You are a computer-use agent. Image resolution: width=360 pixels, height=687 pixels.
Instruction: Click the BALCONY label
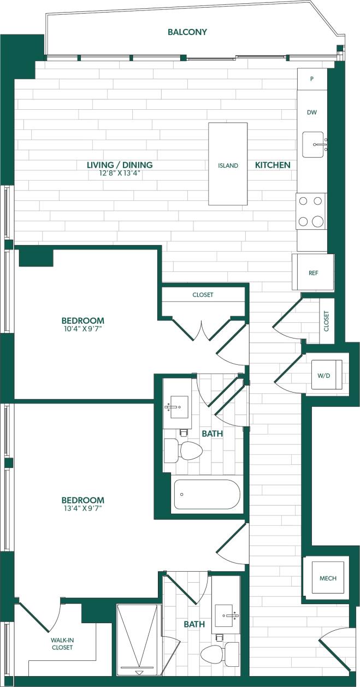187,32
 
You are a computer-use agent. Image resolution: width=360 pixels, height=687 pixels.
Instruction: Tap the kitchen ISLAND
228,164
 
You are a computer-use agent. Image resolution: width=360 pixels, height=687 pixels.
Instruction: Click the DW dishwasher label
312,112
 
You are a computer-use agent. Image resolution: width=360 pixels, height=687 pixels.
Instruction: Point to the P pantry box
312,79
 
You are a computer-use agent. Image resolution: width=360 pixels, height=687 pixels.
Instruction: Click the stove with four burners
311,211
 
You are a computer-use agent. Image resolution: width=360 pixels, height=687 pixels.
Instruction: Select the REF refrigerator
313,273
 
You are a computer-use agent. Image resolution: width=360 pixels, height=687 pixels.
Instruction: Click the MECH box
328,578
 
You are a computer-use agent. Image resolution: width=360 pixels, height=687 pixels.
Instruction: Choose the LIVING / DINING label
120,165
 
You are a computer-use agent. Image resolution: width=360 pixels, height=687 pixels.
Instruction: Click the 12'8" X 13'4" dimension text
120,174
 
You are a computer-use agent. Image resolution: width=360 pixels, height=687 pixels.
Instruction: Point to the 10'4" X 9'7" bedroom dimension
82,329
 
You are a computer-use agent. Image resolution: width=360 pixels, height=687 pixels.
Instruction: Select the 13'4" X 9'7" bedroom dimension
82,508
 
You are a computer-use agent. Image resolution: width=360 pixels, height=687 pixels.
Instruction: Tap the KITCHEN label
273,165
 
